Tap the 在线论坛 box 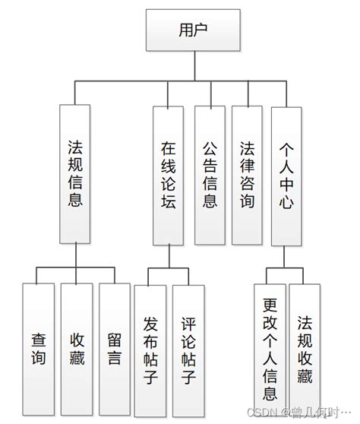coord(168,175)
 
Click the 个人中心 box coord(286,175)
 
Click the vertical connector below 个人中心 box coord(285,257)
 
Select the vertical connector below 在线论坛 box coord(168,257)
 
